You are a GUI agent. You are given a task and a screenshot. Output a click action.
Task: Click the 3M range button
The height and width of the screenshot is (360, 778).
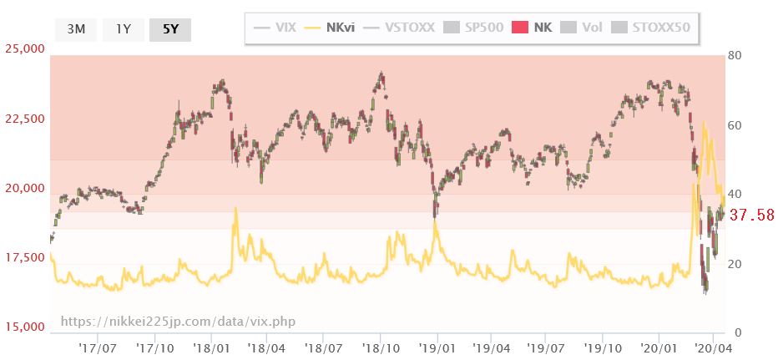[76, 29]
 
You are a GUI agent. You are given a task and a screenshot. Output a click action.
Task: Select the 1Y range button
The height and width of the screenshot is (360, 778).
[124, 29]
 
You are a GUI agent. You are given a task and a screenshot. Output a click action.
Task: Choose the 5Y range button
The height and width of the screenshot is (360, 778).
[170, 29]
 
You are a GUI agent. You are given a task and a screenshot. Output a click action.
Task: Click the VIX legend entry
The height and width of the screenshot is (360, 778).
[275, 28]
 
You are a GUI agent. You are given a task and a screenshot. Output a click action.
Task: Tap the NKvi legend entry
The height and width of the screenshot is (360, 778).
[330, 28]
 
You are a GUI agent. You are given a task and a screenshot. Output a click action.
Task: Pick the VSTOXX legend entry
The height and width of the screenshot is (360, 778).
[398, 28]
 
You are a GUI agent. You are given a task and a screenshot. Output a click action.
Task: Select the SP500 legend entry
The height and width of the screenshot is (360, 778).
[473, 28]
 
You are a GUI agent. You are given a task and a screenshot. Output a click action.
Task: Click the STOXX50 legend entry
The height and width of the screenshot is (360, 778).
[651, 28]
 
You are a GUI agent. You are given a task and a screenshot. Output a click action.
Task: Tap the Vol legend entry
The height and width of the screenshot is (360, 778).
[582, 28]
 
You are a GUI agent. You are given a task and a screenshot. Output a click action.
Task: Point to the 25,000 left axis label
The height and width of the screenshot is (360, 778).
[24, 49]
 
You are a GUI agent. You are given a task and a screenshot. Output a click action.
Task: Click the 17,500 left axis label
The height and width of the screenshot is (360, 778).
[24, 258]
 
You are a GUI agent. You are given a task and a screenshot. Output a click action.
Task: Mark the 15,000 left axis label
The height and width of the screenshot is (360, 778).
[24, 327]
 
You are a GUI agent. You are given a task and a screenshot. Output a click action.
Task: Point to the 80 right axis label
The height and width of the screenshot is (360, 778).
[735, 55]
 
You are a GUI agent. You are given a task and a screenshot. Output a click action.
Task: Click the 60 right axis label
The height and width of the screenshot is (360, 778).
[735, 124]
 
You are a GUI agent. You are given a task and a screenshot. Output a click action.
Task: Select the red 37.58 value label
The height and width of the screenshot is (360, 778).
[752, 215]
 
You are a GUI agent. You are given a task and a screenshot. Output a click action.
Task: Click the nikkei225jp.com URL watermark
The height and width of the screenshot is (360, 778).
[178, 322]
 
